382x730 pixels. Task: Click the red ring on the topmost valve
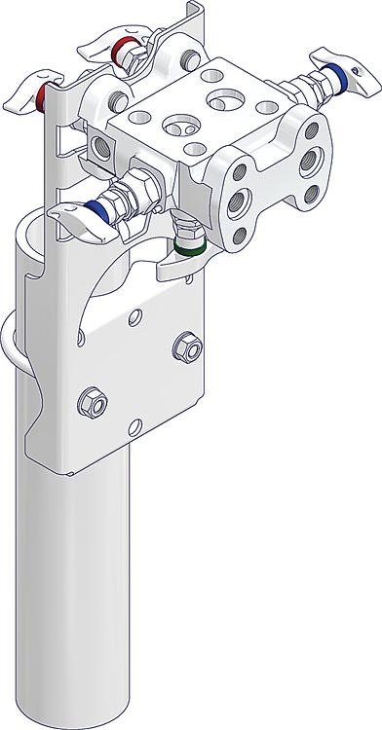(x=121, y=49)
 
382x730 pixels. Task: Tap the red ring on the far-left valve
(x=43, y=95)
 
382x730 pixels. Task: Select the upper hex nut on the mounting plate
(x=188, y=347)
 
